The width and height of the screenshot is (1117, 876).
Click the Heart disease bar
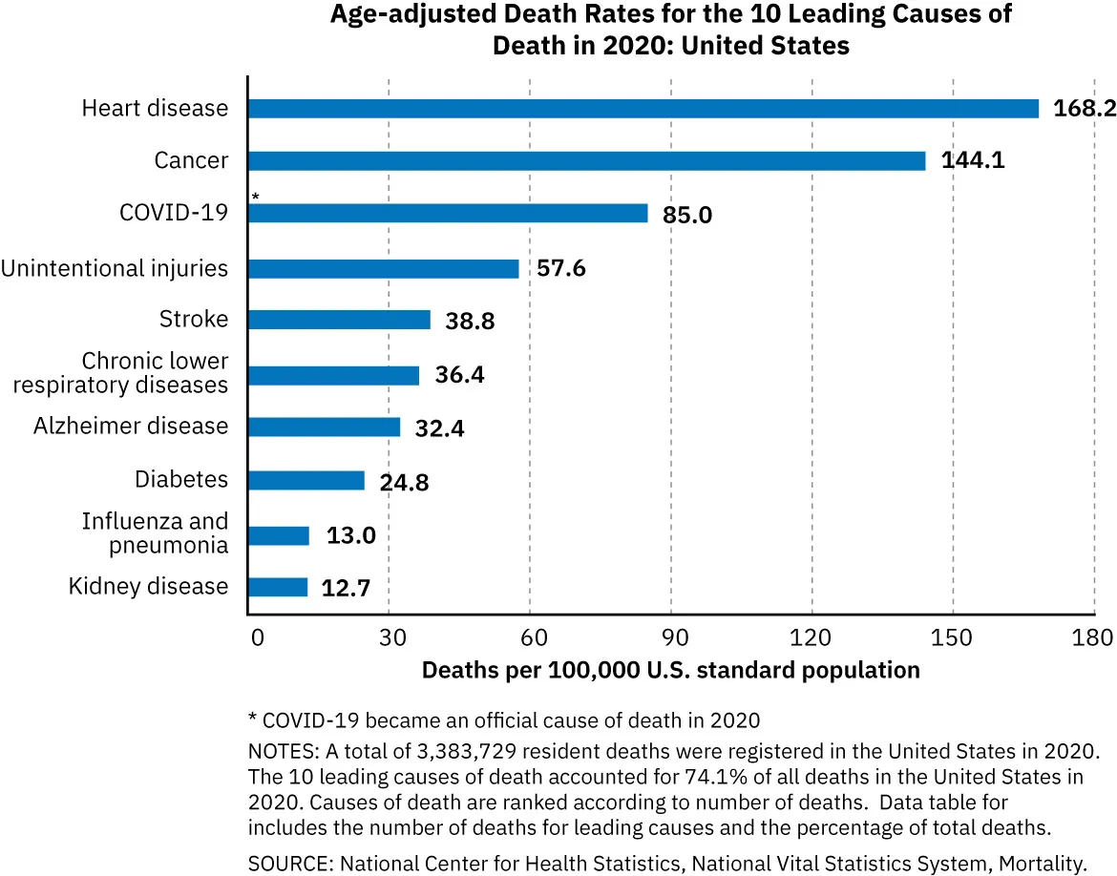point(643,109)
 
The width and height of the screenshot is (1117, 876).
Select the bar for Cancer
point(586,161)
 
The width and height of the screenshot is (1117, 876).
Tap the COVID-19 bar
point(448,214)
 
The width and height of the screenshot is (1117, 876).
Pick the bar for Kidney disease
point(278,587)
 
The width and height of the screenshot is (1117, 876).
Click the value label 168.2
point(1084,109)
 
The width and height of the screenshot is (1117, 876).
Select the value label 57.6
point(560,269)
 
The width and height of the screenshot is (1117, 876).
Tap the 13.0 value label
point(351,535)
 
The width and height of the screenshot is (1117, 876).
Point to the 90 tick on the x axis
point(671,637)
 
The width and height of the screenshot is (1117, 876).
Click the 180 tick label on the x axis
point(1093,637)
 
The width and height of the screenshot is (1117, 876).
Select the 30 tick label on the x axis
point(389,637)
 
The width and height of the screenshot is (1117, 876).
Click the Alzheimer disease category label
point(131,427)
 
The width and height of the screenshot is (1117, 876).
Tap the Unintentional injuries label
point(115,269)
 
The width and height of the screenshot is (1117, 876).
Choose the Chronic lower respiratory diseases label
point(155,373)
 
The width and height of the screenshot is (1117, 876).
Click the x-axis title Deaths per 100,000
point(670,670)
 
